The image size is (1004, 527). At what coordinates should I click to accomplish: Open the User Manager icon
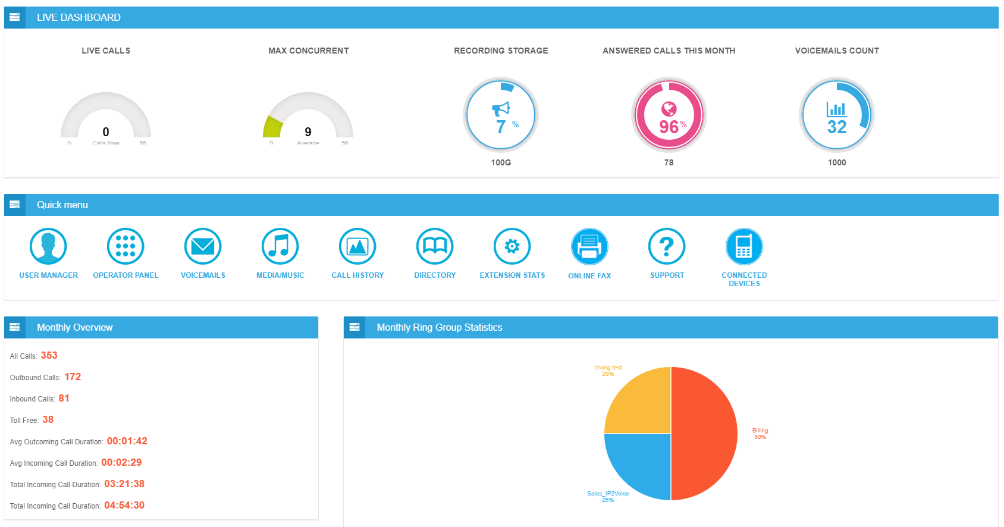pos(48,246)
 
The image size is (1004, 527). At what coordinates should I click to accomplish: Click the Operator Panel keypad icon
pos(125,246)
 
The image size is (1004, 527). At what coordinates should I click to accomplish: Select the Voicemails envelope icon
pos(203,246)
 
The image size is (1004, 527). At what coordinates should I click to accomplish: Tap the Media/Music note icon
pos(280,246)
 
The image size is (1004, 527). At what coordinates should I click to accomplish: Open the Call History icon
pos(357,246)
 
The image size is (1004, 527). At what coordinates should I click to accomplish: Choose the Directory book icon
pos(435,246)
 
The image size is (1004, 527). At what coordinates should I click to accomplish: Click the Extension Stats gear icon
pos(512,246)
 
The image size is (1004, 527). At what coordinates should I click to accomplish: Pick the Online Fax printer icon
pos(589,246)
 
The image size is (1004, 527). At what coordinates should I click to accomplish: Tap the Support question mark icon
pos(667,246)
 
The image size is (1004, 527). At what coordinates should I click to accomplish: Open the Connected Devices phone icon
pos(744,246)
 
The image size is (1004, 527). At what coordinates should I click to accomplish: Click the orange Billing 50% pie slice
pos(705,434)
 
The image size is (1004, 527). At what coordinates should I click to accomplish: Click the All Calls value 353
pos(49,356)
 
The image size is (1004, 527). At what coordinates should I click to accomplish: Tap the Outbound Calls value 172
pos(73,377)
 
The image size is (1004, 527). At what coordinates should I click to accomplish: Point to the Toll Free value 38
pos(48,420)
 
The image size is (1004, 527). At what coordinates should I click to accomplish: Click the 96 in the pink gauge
pos(669,127)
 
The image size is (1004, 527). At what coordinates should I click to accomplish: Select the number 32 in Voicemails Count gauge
pos(837,127)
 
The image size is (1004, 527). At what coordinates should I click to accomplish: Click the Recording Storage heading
pos(501,51)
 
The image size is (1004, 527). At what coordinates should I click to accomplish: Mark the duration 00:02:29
pos(121,463)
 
